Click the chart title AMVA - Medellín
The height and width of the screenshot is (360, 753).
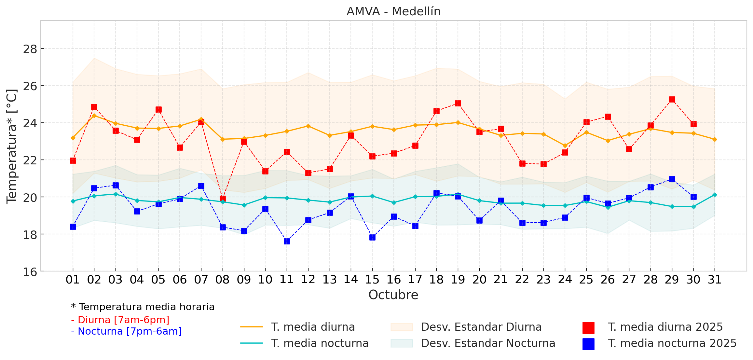393,11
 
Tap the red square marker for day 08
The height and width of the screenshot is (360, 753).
223,199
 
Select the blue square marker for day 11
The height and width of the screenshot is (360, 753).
287,241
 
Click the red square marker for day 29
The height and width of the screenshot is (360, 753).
672,99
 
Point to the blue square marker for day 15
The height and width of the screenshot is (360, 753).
372,237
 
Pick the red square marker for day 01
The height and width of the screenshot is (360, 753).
73,160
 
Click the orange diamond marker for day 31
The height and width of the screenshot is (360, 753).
715,139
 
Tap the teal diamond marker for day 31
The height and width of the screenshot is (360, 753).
715,195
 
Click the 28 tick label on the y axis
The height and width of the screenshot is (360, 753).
30,49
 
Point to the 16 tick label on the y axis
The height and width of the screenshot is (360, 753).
30,272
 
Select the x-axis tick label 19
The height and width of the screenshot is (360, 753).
458,280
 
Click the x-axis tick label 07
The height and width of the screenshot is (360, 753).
201,280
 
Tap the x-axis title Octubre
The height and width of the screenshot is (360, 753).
393,295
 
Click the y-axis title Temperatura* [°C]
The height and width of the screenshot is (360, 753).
12,146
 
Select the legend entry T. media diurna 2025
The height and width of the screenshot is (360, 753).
665,327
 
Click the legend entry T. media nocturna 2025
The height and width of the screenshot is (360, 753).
672,343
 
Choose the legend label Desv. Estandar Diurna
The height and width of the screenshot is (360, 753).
481,327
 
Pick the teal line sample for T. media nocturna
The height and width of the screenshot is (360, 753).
251,343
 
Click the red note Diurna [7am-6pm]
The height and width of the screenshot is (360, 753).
120,320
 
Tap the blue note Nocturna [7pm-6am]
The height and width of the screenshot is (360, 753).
126,331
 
